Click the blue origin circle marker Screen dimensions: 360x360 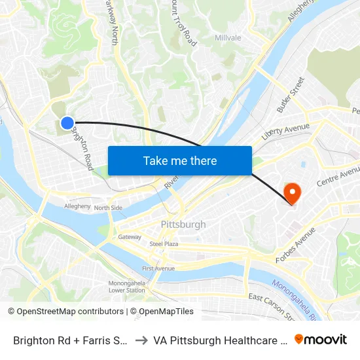pyautogui.click(x=67, y=122)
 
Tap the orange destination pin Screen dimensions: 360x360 pyautogui.click(x=291, y=192)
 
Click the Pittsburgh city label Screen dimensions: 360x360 pyautogui.click(x=183, y=225)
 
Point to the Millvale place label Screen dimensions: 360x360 pyautogui.click(x=228, y=38)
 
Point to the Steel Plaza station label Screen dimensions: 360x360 pyautogui.click(x=164, y=243)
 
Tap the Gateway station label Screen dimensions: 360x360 pyautogui.click(x=130, y=237)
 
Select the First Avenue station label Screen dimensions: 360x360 pyautogui.click(x=158, y=268)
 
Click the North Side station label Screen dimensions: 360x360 pyautogui.click(x=108, y=208)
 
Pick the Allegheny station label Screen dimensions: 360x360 pyautogui.click(x=77, y=206)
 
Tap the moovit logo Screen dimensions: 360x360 pyautogui.click(x=320, y=340)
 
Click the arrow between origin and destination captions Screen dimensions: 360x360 pyautogui.click(x=141, y=340)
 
